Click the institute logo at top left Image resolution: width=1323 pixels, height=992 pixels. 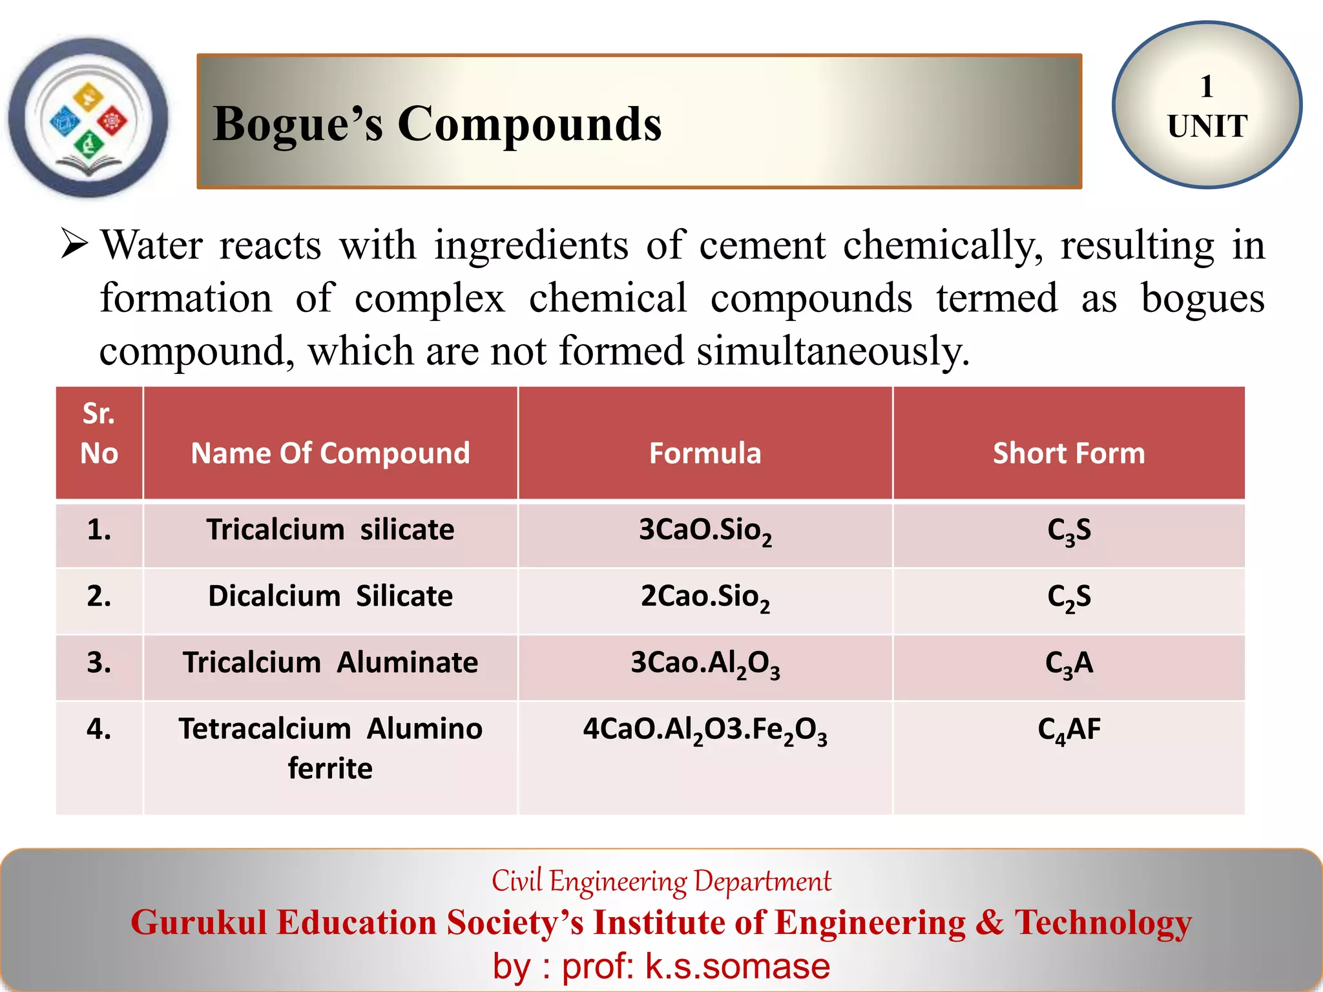89,118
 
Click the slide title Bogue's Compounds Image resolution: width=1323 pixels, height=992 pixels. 437,123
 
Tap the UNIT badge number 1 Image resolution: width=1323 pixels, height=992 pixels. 1206,87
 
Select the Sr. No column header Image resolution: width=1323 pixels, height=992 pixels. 99,433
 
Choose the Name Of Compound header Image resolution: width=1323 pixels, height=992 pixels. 330,453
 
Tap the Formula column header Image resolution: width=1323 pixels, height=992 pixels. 705,453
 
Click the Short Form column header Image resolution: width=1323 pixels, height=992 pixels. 1068,453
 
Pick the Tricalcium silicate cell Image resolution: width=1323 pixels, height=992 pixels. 330,530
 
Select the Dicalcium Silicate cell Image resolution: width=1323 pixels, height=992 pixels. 330,596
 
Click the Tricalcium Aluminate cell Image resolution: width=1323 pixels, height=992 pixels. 330,663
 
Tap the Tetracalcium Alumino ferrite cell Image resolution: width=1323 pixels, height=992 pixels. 330,748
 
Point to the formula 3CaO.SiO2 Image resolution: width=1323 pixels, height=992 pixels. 705,531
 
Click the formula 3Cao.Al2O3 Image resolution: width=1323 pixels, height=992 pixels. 705,664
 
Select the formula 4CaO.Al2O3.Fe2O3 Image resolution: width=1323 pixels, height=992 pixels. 705,730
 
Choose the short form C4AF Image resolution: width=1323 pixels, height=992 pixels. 1068,730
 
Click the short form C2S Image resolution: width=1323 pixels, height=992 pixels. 1068,597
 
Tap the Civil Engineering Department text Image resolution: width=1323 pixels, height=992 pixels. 661,882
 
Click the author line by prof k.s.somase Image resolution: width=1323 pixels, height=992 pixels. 661,966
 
